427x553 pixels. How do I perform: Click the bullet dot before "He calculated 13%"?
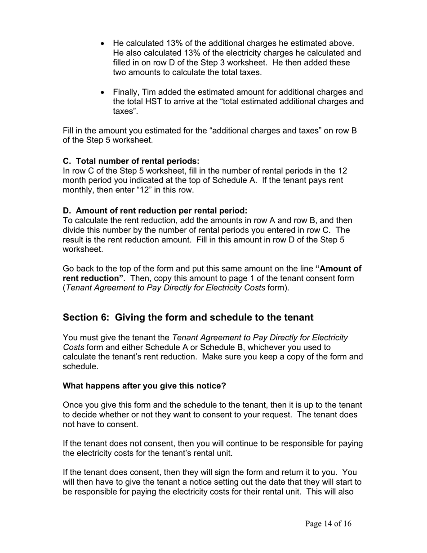pos(103,44)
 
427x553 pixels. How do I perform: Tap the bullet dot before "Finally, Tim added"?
pos(103,92)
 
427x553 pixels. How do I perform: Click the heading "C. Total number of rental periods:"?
pos(131,161)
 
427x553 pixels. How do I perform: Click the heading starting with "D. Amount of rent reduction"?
pos(155,210)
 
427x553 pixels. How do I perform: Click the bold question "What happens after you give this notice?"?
pos(144,386)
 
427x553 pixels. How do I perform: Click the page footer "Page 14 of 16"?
pos(328,524)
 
